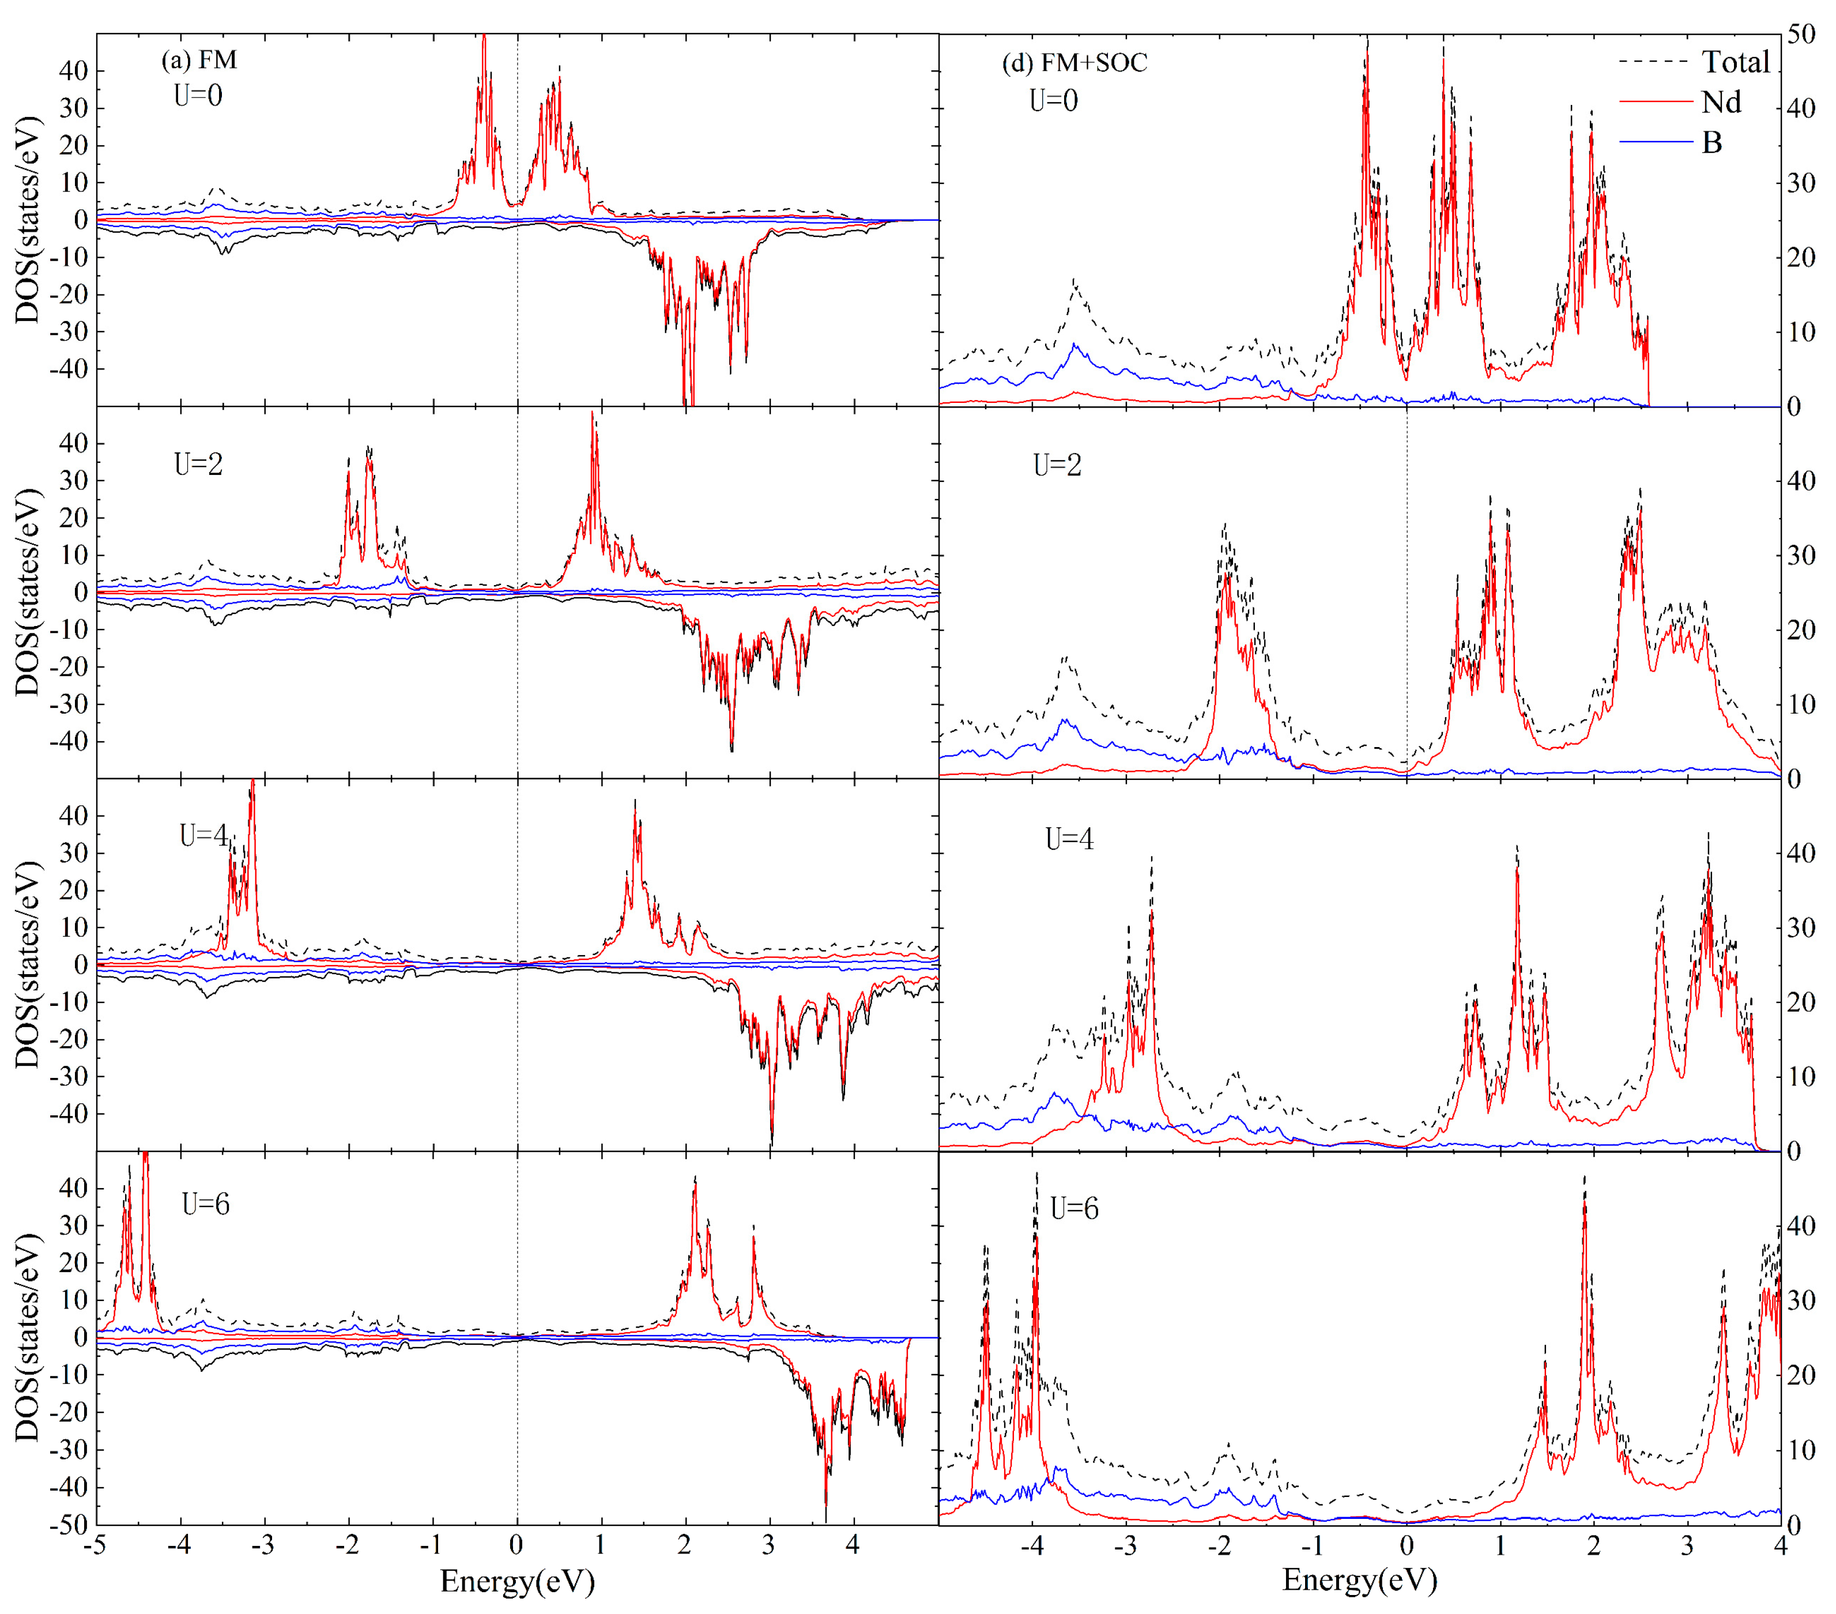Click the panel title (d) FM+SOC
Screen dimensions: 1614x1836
(1075, 62)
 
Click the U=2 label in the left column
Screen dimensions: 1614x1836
(198, 465)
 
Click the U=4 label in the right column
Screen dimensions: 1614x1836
(1069, 839)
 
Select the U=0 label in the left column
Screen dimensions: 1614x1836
(198, 95)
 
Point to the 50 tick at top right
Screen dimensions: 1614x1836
(1801, 34)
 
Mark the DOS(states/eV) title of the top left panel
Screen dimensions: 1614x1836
(29, 220)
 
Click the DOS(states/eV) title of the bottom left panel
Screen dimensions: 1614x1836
(29, 1338)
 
